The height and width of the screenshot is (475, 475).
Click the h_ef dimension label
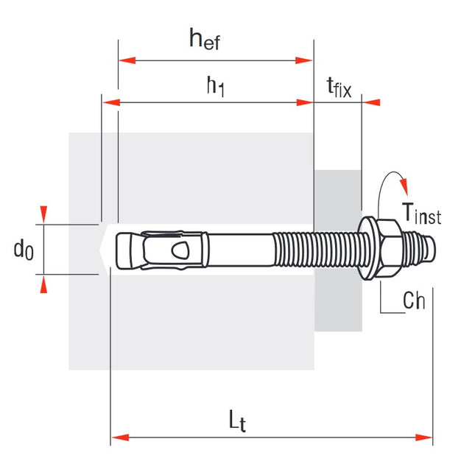click(205, 39)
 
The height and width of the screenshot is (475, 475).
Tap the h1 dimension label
click(214, 88)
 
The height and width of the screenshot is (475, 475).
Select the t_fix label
click(339, 88)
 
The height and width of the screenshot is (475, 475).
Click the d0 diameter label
click(24, 250)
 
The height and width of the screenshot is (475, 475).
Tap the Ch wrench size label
click(414, 300)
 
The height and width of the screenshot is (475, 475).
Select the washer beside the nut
click(367, 250)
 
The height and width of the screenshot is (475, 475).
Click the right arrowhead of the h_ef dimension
click(304, 60)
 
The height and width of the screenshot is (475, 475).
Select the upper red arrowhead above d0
click(43, 214)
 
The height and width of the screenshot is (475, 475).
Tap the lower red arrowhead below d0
click(43, 285)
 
